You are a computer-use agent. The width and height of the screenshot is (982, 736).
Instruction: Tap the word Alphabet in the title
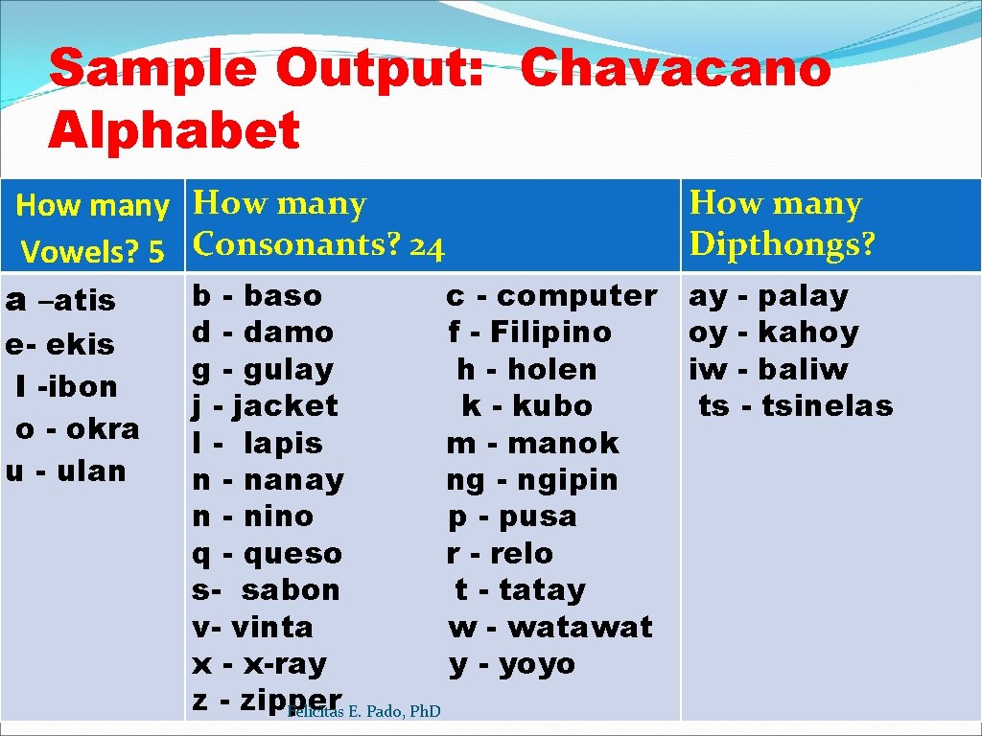[174, 131]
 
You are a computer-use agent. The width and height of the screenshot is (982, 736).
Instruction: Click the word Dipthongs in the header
[783, 244]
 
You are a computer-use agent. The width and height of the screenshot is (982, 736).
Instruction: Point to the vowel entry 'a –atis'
[60, 301]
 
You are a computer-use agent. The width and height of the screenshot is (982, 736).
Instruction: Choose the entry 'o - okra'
[78, 428]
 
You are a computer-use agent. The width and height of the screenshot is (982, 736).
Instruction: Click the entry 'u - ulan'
[66, 471]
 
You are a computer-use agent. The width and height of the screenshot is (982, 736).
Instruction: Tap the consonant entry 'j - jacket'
[265, 405]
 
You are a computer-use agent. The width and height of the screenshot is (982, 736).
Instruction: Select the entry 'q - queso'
[267, 553]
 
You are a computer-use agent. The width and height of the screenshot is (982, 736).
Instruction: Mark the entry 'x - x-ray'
[259, 663]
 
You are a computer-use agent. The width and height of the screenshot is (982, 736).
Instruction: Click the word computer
[576, 295]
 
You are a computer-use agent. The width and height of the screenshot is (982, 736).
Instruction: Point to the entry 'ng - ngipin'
[532, 479]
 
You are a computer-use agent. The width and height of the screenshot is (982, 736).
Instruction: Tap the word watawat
[579, 627]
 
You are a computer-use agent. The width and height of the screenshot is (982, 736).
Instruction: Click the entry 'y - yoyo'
[512, 663]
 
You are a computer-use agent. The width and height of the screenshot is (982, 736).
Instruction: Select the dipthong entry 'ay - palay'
[768, 296]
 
